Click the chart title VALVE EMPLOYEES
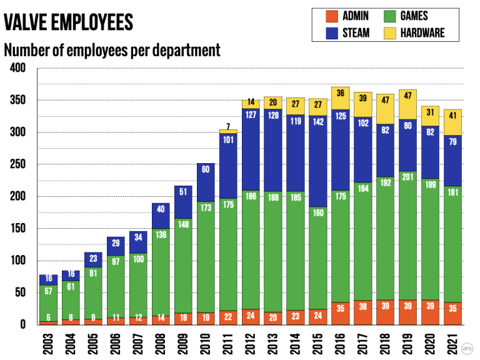tap(68, 22)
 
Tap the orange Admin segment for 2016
tap(340, 314)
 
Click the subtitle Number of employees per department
tap(112, 50)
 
